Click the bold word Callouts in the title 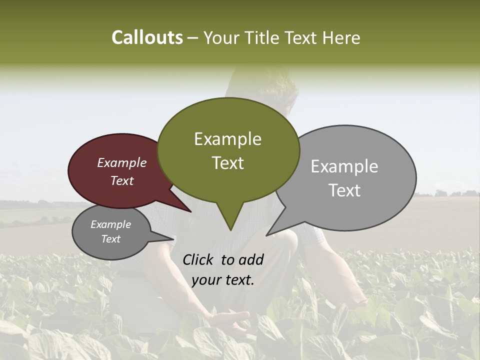147,37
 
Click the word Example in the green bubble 227,139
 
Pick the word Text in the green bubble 227,163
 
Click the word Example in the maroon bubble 121,162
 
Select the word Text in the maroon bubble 121,180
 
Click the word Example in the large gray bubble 344,166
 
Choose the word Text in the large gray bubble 344,190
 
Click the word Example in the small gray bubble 110,224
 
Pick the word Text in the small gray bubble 110,239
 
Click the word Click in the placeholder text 199,259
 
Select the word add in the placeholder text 251,259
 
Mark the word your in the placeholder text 205,280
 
